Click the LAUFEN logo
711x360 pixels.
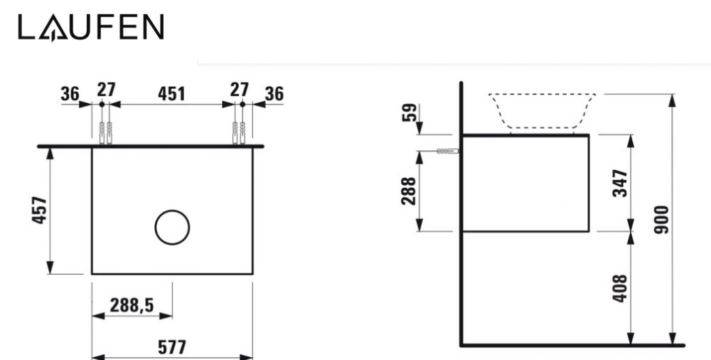91,28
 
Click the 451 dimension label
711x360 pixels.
171,92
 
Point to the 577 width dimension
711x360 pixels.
172,348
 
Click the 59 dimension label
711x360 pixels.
409,112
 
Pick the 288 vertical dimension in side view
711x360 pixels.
409,190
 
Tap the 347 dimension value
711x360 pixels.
620,183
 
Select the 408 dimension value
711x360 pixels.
620,288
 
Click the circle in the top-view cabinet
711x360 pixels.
172,228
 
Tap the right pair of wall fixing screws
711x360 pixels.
238,132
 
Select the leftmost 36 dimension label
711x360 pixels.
70,92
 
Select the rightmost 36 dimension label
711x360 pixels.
274,92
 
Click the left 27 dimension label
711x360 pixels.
106,90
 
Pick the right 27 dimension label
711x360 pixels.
239,90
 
